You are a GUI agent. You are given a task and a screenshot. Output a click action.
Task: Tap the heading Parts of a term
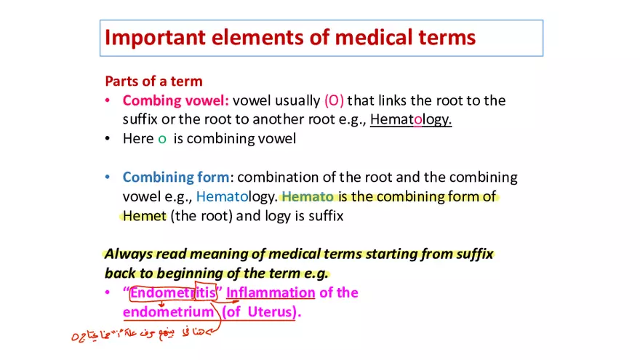[153, 81]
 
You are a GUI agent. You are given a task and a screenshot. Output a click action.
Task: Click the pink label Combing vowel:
[176, 100]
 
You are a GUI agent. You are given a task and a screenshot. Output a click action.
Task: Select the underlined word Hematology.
[411, 119]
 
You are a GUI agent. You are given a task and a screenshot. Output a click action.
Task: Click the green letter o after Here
[162, 139]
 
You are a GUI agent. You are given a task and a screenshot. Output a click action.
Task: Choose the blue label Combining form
[176, 177]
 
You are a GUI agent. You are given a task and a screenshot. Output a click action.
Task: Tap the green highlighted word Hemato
[308, 196]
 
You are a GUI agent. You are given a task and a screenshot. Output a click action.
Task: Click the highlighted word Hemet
[145, 216]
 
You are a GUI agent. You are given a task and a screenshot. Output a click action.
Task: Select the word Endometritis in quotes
[173, 293]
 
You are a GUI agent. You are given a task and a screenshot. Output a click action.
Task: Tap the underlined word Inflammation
[271, 293]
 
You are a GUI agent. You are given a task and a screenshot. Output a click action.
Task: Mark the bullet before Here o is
[108, 139]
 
